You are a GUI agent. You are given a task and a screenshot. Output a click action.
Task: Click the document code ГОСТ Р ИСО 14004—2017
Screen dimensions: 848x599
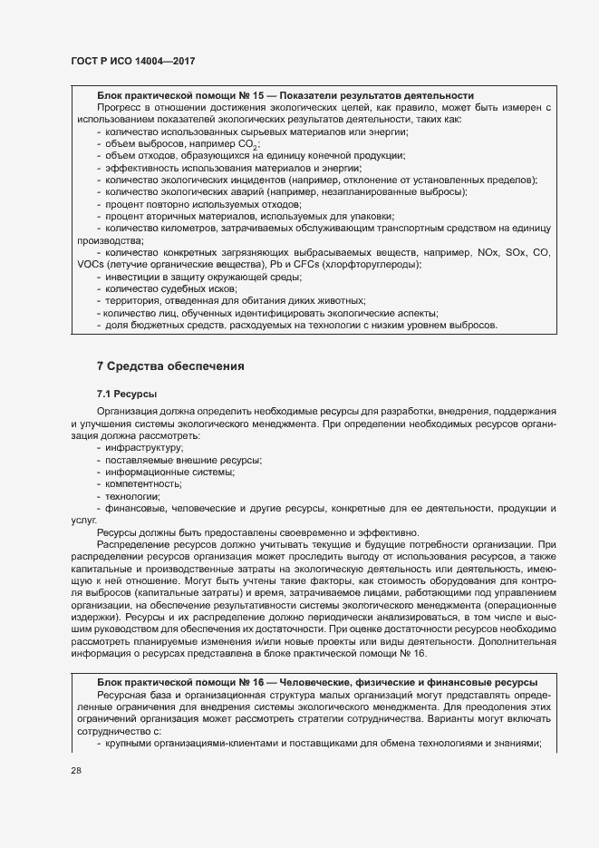(x=132, y=61)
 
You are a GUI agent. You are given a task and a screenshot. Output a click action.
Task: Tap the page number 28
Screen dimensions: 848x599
(x=76, y=771)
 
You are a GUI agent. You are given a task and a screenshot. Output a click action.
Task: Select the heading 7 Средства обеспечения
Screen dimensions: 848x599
(x=170, y=366)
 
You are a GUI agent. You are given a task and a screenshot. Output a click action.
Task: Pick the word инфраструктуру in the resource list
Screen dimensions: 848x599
(x=144, y=448)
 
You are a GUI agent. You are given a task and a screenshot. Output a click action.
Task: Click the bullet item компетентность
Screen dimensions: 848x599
(x=145, y=484)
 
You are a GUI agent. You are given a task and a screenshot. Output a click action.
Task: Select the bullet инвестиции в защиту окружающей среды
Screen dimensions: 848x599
(x=197, y=276)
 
